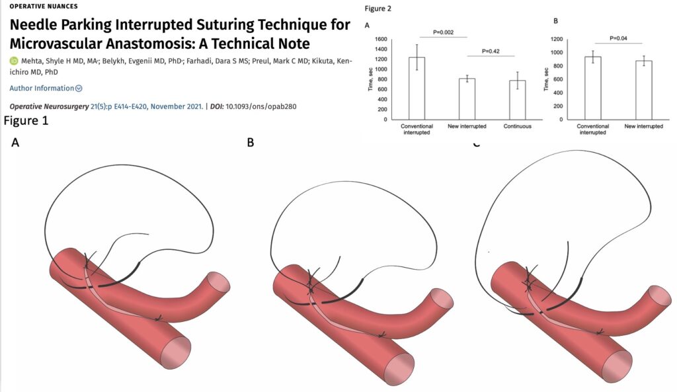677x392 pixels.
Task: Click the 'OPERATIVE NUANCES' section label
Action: pyautogui.click(x=44, y=6)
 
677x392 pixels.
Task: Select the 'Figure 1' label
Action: pyautogui.click(x=26, y=122)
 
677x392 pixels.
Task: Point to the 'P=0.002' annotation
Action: pyautogui.click(x=443, y=32)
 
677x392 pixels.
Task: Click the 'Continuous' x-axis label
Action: pyautogui.click(x=518, y=125)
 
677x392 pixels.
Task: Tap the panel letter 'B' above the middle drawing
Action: pyautogui.click(x=251, y=141)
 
